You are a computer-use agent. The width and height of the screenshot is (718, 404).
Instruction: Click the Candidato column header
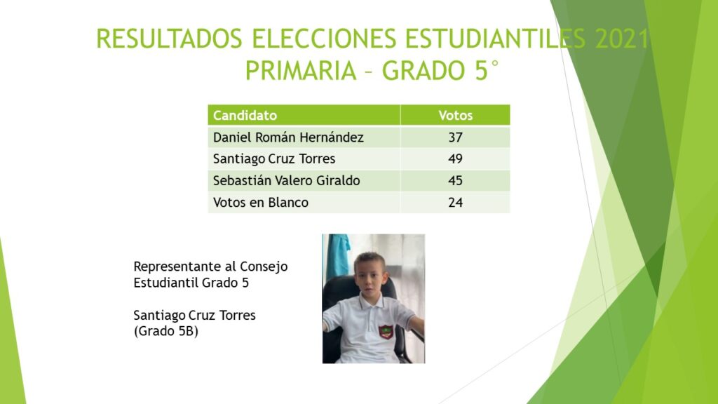pos(245,115)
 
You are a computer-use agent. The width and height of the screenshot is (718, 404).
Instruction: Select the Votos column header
pos(455,115)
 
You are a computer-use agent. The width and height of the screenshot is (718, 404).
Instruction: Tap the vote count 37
pos(455,137)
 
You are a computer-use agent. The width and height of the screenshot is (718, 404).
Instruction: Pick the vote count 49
pos(455,159)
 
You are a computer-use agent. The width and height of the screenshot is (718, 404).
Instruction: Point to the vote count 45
pos(455,180)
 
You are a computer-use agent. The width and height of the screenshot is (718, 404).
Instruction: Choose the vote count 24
pos(455,203)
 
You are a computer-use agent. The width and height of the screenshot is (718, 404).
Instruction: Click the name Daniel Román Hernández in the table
pos(288,137)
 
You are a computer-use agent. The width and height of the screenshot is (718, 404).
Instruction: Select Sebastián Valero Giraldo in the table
pos(287,180)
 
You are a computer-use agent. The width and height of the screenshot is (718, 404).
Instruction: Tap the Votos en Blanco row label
pos(261,203)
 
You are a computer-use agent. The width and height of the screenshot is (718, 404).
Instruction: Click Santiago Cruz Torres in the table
pos(274,159)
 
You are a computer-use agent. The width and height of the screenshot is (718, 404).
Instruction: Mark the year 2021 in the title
pos(622,39)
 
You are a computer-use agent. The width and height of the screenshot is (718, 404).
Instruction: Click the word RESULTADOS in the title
pos(169,39)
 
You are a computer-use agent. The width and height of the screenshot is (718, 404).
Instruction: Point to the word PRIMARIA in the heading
pos(301,71)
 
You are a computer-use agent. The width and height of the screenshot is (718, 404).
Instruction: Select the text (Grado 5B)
pos(165,331)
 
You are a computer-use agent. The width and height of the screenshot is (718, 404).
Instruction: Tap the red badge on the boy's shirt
pos(386,332)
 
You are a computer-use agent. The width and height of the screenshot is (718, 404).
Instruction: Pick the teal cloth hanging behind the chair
pos(338,257)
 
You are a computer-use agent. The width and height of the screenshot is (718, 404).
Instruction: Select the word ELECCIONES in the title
pos(324,39)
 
